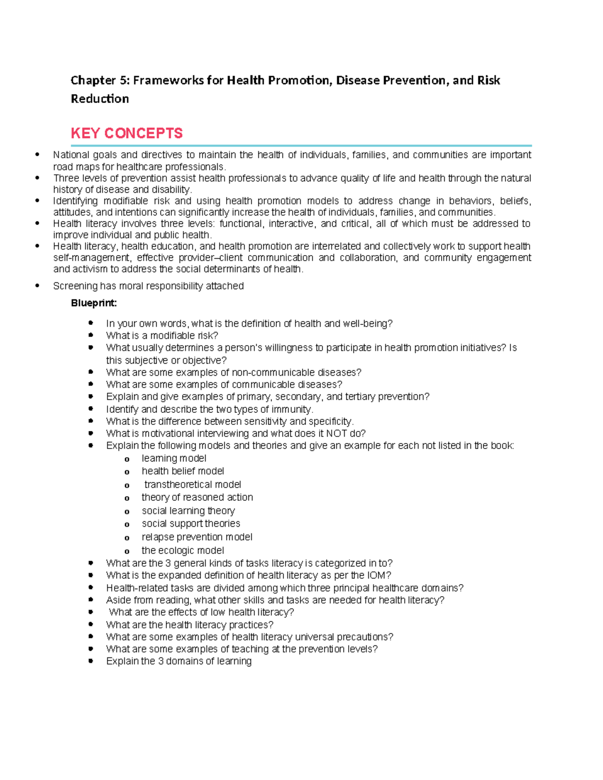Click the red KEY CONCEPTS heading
coord(127,133)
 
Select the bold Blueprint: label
coord(94,303)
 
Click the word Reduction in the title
coord(99,98)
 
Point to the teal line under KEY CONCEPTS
coord(301,145)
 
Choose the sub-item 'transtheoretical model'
coord(192,485)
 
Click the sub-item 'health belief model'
coord(183,471)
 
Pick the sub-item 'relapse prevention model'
coord(197,537)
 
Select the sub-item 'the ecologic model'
coord(183,550)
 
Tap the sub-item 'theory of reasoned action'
coord(197,497)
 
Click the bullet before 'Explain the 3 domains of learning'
coord(91,661)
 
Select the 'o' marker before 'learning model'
coord(127,459)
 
